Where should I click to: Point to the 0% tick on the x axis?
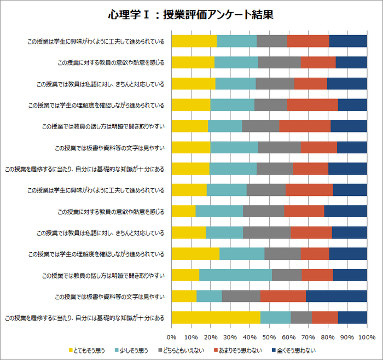(x=171, y=336)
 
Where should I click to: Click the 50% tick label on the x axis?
(x=269, y=336)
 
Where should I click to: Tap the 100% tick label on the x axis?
(x=366, y=336)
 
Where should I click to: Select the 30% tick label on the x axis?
(x=230, y=336)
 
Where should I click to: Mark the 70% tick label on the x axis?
(x=308, y=336)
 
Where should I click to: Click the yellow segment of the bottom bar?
(x=216, y=317)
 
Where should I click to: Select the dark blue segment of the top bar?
(x=347, y=41)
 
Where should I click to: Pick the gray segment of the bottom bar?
(x=301, y=317)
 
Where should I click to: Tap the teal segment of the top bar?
(x=236, y=41)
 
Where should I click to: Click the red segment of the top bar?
(x=307, y=41)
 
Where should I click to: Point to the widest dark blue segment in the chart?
(x=336, y=296)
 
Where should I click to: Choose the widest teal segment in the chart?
(x=235, y=275)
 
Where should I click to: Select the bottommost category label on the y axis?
(x=84, y=317)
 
